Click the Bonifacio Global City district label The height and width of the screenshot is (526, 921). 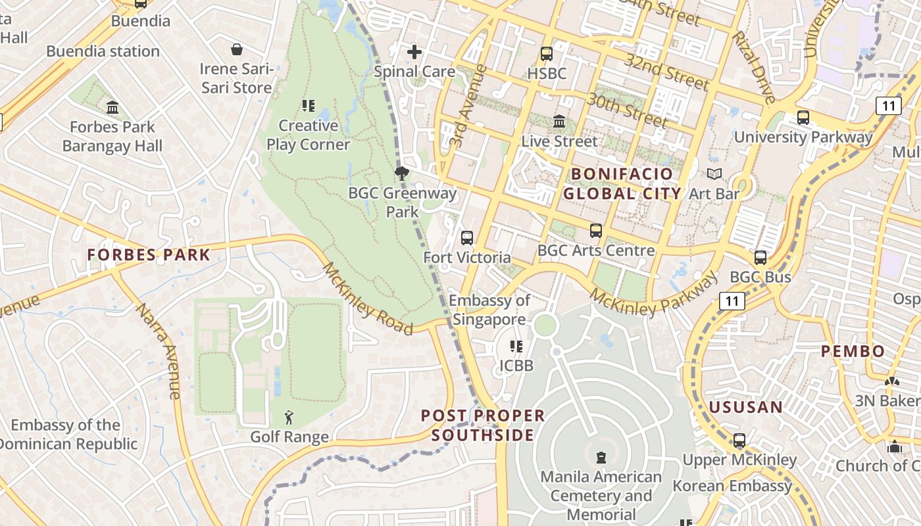point(622,183)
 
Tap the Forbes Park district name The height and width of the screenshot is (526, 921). point(149,255)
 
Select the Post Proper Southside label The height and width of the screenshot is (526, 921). point(483,425)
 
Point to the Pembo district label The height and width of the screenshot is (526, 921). point(853,351)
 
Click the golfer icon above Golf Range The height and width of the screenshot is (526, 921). point(289,418)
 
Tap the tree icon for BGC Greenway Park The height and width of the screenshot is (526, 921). point(401,174)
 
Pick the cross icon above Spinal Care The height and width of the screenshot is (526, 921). point(414,52)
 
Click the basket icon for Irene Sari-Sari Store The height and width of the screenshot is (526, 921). point(236,49)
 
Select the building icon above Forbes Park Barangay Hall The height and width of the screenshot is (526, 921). point(112,107)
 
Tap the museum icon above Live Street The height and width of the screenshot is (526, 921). point(559,122)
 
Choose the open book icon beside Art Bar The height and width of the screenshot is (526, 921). point(714,174)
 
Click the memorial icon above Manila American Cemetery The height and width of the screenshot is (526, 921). point(600,457)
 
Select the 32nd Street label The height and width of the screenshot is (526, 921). point(667,72)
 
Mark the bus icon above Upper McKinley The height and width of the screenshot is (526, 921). point(739,441)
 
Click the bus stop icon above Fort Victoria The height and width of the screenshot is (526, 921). point(467,238)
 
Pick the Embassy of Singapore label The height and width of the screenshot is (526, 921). point(489,310)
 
